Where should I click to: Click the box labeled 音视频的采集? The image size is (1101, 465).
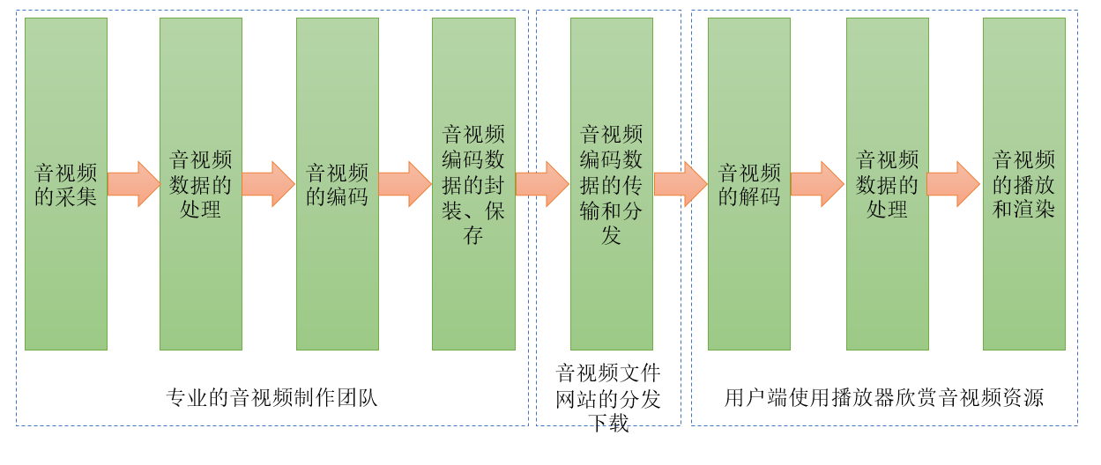click(x=66, y=184)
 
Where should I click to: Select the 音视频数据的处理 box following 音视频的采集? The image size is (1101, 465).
click(x=201, y=184)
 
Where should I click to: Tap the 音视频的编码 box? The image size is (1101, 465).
click(x=338, y=184)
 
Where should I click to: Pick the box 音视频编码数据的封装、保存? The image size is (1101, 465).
click(x=473, y=184)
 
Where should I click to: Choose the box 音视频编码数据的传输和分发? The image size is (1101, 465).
click(x=612, y=184)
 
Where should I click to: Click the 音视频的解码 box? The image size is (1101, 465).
click(x=749, y=184)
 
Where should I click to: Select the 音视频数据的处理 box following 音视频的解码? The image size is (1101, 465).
click(x=888, y=184)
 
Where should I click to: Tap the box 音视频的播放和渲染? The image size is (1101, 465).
click(x=1024, y=184)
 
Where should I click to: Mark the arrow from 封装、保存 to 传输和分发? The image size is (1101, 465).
click(x=542, y=184)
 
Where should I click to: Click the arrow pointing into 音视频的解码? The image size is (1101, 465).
click(x=681, y=184)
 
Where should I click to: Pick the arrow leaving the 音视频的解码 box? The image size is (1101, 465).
click(x=818, y=184)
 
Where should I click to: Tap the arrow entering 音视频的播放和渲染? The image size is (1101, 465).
click(x=955, y=184)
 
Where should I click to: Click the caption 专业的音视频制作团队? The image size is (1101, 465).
click(x=272, y=397)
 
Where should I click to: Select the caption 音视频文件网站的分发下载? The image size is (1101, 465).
click(x=608, y=398)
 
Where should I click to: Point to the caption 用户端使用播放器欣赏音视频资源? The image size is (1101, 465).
click(x=884, y=397)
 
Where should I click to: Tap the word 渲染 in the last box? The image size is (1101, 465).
click(x=1034, y=210)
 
